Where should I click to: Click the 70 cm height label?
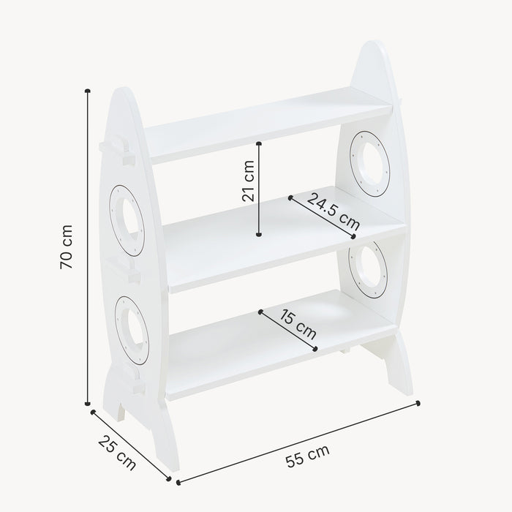click(67, 246)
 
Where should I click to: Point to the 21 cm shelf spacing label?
click(249, 181)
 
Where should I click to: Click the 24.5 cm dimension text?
click(333, 211)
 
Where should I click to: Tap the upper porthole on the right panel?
click(369, 162)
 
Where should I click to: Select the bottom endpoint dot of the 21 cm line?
click(259, 235)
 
